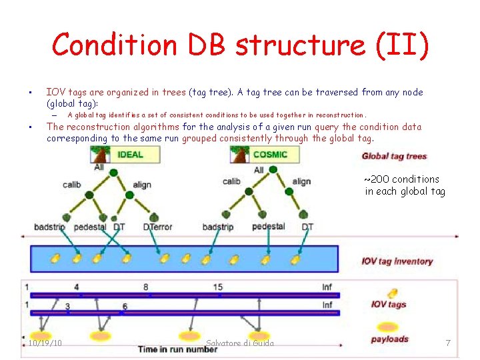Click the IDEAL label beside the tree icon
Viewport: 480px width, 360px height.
pyautogui.click(x=131, y=155)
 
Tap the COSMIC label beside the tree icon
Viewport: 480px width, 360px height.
pyautogui.click(x=270, y=155)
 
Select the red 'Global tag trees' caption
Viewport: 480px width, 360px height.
pyautogui.click(x=394, y=157)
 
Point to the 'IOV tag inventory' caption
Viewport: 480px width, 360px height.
pyautogui.click(x=397, y=261)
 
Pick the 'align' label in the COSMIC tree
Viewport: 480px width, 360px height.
pyautogui.click(x=301, y=181)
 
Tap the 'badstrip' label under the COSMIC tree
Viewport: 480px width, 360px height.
pyautogui.click(x=218, y=227)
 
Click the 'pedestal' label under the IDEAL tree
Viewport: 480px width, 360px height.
pyautogui.click(x=90, y=227)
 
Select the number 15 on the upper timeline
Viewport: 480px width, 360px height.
pyautogui.click(x=218, y=287)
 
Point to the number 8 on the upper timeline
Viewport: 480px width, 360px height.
pyautogui.click(x=145, y=287)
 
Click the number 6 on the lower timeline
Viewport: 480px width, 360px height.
pyautogui.click(x=125, y=306)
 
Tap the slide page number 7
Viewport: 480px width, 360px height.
pyautogui.click(x=448, y=343)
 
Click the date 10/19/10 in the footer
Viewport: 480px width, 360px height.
pyautogui.click(x=45, y=343)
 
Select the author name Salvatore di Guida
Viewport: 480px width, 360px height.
pyautogui.click(x=240, y=343)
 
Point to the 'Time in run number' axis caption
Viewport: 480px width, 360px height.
pyautogui.click(x=178, y=349)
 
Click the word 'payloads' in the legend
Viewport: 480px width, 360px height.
pyautogui.click(x=389, y=339)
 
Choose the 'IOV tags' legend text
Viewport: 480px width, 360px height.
pyautogui.click(x=389, y=305)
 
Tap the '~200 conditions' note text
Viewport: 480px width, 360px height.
pyautogui.click(x=401, y=179)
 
